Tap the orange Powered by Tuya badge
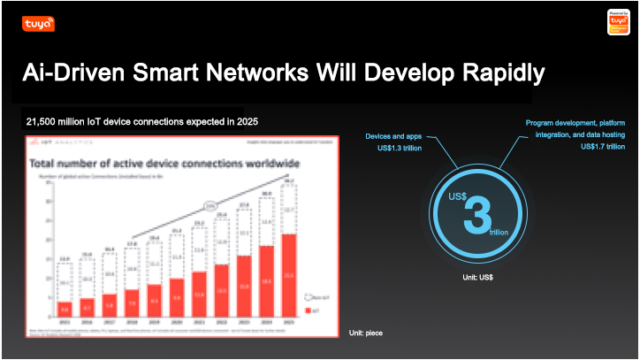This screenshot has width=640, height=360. (x=619, y=22)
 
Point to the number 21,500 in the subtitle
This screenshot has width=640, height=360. (x=47, y=120)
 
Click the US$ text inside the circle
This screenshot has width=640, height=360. (x=458, y=195)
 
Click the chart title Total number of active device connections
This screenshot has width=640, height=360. (x=164, y=165)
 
